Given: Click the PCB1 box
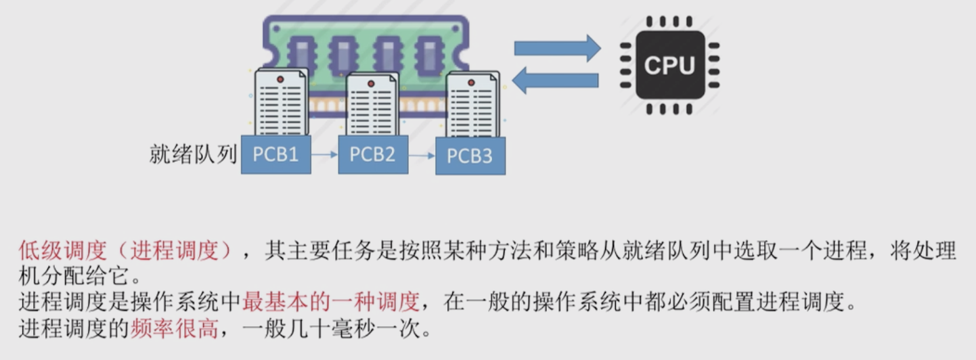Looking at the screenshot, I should click(275, 154).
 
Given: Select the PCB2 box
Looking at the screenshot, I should click(372, 154).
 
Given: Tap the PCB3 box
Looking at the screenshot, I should click(470, 156).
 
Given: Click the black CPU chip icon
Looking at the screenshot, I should click(669, 65).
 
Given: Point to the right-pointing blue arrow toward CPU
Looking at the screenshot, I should click(556, 48).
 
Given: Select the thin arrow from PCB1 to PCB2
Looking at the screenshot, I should click(324, 155).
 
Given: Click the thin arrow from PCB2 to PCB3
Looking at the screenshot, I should click(420, 156).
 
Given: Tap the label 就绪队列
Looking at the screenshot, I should click(192, 155).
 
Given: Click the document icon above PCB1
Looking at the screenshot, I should click(280, 102).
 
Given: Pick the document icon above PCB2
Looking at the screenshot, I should click(371, 105).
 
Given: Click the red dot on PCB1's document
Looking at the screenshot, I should click(280, 79).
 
